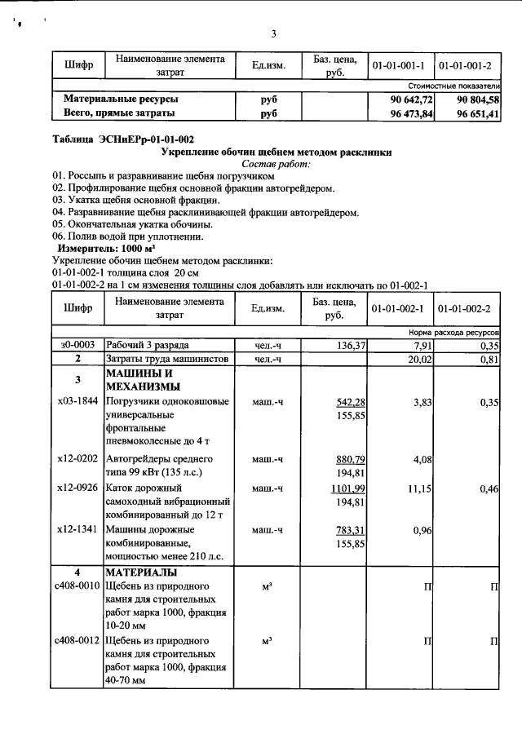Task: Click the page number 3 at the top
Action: click(x=274, y=33)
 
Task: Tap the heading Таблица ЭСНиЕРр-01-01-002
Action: click(x=122, y=139)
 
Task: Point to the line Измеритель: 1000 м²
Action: click(x=105, y=247)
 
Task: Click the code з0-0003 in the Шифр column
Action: click(x=77, y=345)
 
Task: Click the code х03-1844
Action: click(x=77, y=402)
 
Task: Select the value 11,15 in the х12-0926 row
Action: click(x=417, y=488)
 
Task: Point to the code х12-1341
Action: click(x=77, y=528)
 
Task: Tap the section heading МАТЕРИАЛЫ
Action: click(x=144, y=572)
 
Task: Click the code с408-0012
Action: click(x=77, y=640)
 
